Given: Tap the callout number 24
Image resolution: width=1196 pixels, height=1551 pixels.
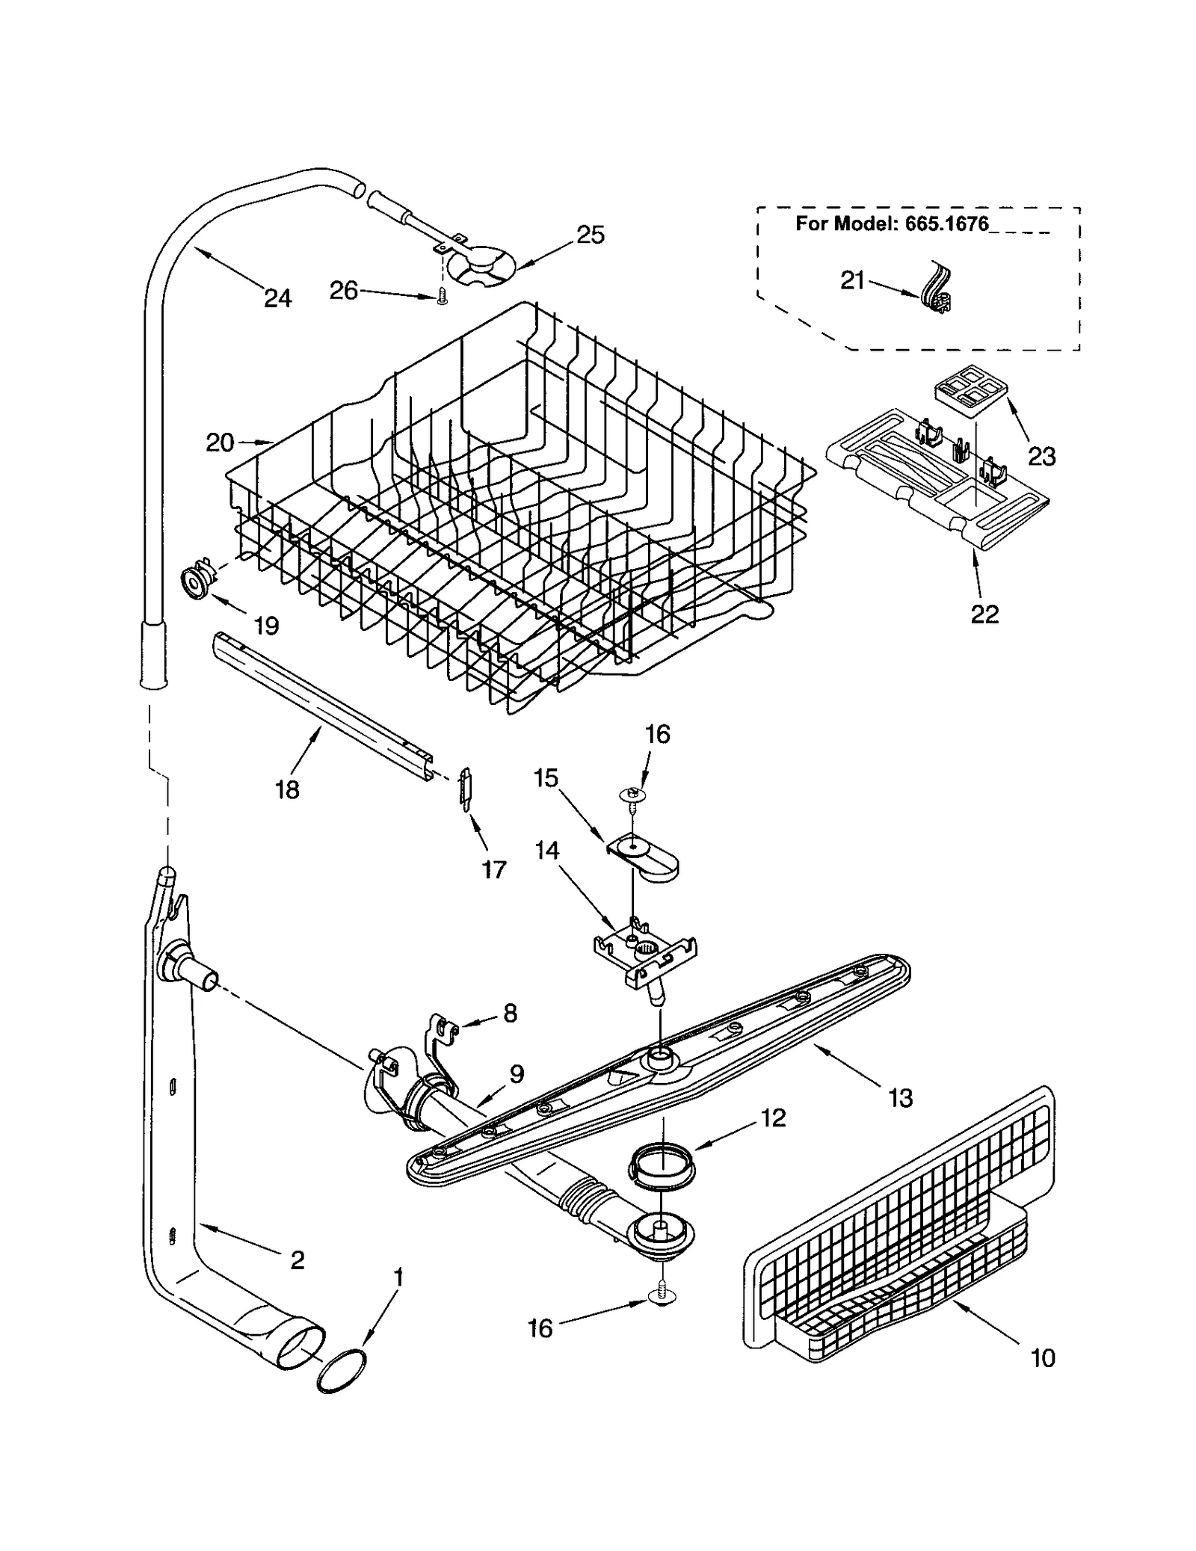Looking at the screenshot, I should [x=277, y=298].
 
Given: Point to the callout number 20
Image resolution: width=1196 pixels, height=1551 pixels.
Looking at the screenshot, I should [x=220, y=443].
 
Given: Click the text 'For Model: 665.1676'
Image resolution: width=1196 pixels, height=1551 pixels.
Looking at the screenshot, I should [x=891, y=223].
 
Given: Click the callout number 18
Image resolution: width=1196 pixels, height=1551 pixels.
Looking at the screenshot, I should [x=287, y=789].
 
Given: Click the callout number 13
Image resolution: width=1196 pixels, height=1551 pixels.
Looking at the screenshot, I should [x=901, y=1098].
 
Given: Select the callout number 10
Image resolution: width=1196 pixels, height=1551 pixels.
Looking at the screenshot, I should [x=1042, y=1357].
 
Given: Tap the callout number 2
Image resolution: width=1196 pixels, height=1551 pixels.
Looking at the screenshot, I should [x=297, y=1260].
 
